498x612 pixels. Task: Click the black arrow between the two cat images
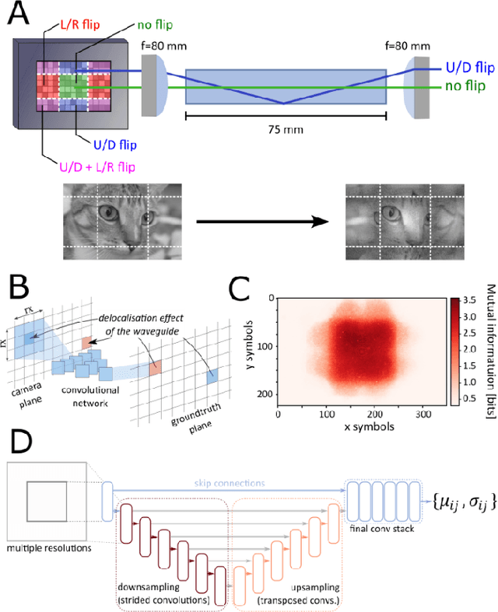pyautogui.click(x=260, y=224)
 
